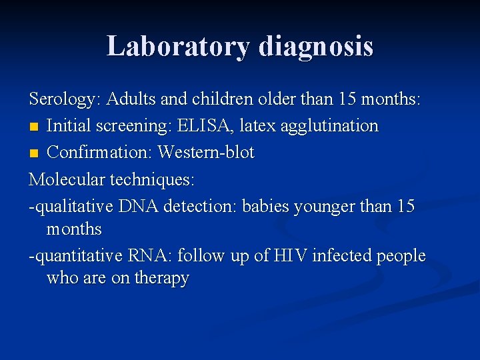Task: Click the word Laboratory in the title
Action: pyautogui.click(x=177, y=46)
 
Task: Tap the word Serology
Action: pyautogui.click(x=63, y=100)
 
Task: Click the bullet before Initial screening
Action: pyautogui.click(x=34, y=127)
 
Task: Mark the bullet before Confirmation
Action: pyautogui.click(x=34, y=153)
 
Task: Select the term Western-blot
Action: pyautogui.click(x=206, y=152)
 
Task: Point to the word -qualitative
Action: pyautogui.click(x=71, y=206)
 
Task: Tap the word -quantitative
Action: pyautogui.click(x=75, y=256)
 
